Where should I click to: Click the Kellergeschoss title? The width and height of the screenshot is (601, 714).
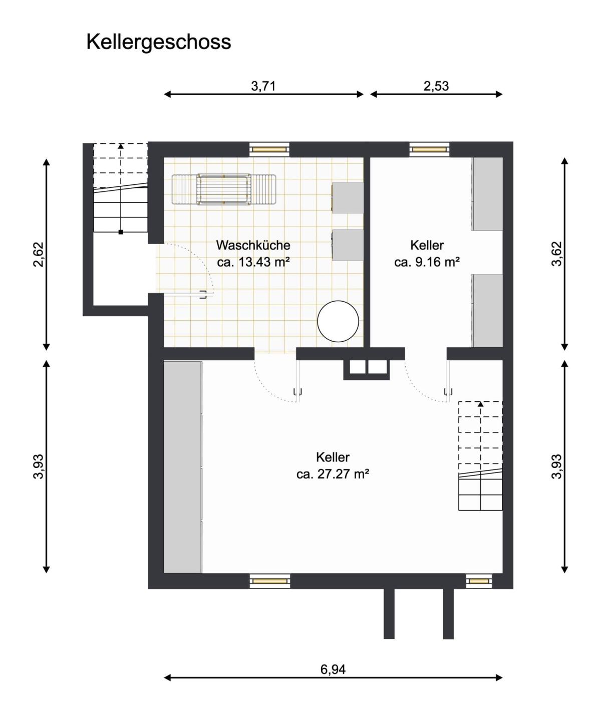click(158, 43)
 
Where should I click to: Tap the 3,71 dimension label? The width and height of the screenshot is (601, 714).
click(263, 86)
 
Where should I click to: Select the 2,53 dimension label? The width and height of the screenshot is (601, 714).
click(436, 86)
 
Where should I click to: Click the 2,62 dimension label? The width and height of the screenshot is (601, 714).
click(39, 254)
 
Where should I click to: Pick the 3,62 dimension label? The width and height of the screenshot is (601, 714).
click(557, 254)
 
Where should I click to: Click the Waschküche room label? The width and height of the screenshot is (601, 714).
click(253, 245)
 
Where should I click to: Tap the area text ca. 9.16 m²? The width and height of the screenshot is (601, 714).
click(427, 262)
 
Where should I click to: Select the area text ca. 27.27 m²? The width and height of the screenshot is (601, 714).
click(333, 474)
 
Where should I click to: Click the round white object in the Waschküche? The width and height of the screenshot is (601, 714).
click(338, 321)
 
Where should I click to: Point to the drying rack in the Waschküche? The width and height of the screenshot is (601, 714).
click(224, 190)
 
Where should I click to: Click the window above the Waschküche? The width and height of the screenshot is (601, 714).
click(269, 149)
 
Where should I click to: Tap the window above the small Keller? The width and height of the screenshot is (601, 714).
click(429, 149)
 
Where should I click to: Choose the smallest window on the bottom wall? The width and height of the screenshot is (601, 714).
click(479, 581)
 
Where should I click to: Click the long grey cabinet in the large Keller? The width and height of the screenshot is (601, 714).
click(183, 467)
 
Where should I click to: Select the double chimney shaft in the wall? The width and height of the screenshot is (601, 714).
click(367, 369)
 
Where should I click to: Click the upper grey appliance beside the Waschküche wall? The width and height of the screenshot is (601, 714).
click(348, 197)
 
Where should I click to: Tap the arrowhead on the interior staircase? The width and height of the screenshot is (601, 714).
click(481, 404)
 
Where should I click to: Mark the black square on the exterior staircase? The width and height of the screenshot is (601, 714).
click(121, 232)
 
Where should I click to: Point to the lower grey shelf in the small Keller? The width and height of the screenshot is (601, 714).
click(487, 311)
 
